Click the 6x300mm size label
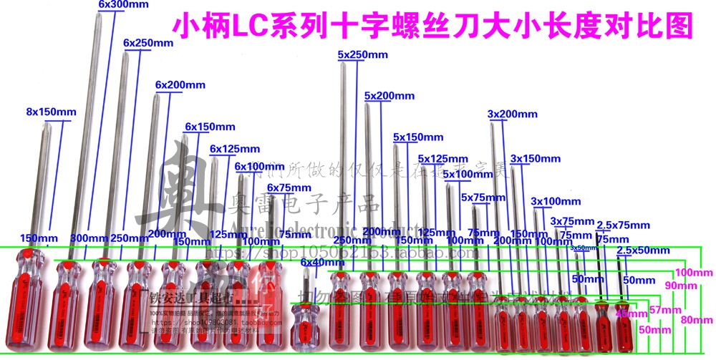click(x=123, y=4)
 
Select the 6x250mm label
click(x=148, y=44)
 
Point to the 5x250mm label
click(x=362, y=54)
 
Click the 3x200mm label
click(x=512, y=114)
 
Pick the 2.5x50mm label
click(x=643, y=250)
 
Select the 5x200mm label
click(x=389, y=95)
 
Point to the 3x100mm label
click(x=556, y=201)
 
